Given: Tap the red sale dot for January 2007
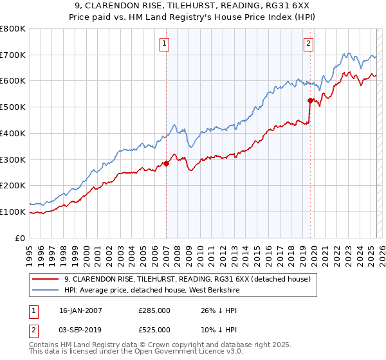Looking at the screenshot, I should point(166,163).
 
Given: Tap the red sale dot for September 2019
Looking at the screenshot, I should point(310,100).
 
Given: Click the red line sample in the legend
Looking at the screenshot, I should point(45,279).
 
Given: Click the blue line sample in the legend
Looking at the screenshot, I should point(45,290).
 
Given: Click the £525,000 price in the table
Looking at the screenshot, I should point(154,329).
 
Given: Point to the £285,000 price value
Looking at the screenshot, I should point(154,310).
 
